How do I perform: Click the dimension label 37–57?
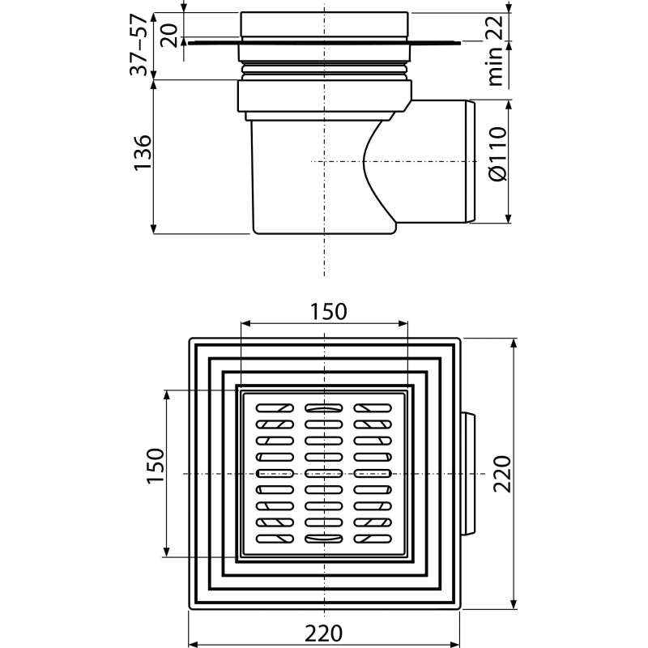point(139,45)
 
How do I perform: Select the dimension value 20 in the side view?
point(168,35)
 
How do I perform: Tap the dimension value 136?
point(143,152)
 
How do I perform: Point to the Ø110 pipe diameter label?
point(497,154)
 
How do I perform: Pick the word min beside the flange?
point(495,66)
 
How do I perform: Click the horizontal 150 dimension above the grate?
point(329,312)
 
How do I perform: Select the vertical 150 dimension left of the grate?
point(155,466)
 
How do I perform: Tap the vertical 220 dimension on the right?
point(502,474)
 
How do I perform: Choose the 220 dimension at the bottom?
point(323,633)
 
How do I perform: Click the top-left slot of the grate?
point(275,408)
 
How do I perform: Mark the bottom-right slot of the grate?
point(373,539)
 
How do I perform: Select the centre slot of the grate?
point(323,473)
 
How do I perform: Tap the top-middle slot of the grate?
point(323,408)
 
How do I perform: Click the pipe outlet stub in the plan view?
point(468,474)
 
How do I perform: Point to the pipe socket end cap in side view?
point(471,161)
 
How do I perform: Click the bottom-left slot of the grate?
point(275,539)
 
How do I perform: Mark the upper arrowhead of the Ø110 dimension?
point(509,105)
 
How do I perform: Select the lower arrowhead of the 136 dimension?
point(153,228)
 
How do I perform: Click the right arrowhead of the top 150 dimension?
point(403,323)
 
